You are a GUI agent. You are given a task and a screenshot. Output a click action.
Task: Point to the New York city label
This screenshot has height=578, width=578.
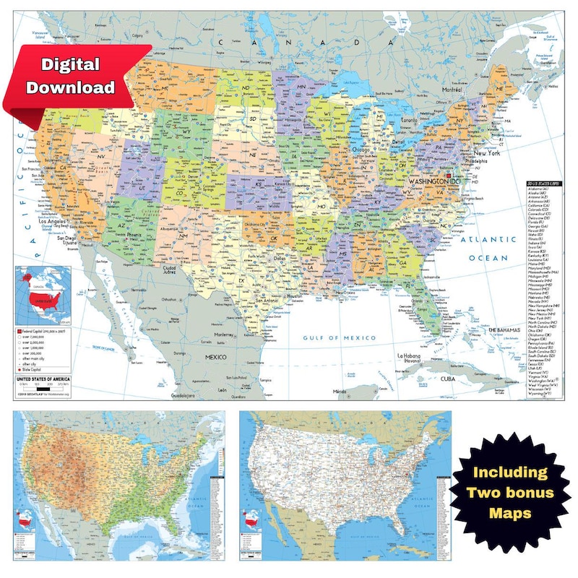[x=488, y=153]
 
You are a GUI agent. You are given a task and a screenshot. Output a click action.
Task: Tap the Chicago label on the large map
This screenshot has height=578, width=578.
[x=361, y=149]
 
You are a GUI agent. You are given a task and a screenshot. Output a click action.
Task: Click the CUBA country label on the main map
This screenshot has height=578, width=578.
[x=449, y=379]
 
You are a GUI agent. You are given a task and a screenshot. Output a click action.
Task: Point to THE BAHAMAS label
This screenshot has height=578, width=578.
[x=505, y=329]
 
